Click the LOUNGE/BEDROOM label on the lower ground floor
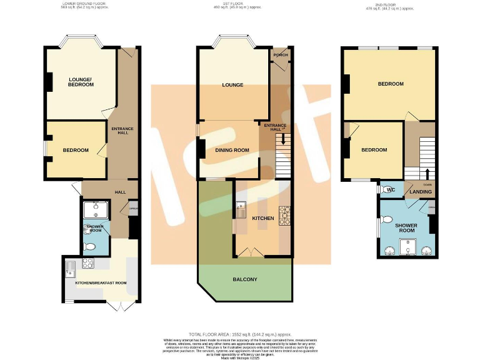(x=81, y=81)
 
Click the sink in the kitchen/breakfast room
(x=72, y=269)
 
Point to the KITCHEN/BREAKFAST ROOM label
(x=101, y=283)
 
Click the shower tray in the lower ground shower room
(x=96, y=209)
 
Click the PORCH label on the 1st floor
(x=279, y=54)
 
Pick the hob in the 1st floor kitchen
(x=284, y=215)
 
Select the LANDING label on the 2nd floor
(x=421, y=192)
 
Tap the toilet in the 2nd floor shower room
(x=386, y=220)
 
